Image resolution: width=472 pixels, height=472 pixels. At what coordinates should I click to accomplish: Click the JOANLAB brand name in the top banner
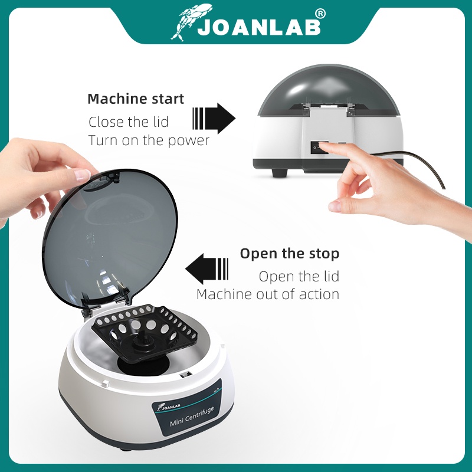[259, 27]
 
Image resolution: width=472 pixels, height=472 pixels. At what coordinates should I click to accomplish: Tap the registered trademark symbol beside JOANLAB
[320, 14]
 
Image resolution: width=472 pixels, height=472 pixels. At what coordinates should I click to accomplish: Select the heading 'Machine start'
[136, 99]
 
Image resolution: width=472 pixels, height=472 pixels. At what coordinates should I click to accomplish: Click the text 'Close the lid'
[129, 122]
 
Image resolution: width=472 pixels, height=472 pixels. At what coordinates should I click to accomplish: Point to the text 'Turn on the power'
[149, 140]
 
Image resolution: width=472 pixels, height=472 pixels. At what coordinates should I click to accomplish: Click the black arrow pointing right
[214, 119]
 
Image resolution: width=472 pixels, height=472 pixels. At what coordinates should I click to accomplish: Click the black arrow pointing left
[207, 269]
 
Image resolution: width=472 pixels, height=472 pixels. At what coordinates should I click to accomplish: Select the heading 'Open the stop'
[290, 254]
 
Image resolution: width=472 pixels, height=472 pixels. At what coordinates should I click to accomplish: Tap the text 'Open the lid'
[299, 276]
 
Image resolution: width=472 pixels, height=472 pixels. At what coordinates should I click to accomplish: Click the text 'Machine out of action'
[268, 294]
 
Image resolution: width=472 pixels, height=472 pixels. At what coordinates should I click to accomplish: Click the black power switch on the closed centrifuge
[320, 147]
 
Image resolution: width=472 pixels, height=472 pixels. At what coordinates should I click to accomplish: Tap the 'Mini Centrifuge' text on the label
[192, 417]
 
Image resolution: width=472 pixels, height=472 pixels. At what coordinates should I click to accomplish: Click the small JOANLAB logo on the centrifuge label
[169, 407]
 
